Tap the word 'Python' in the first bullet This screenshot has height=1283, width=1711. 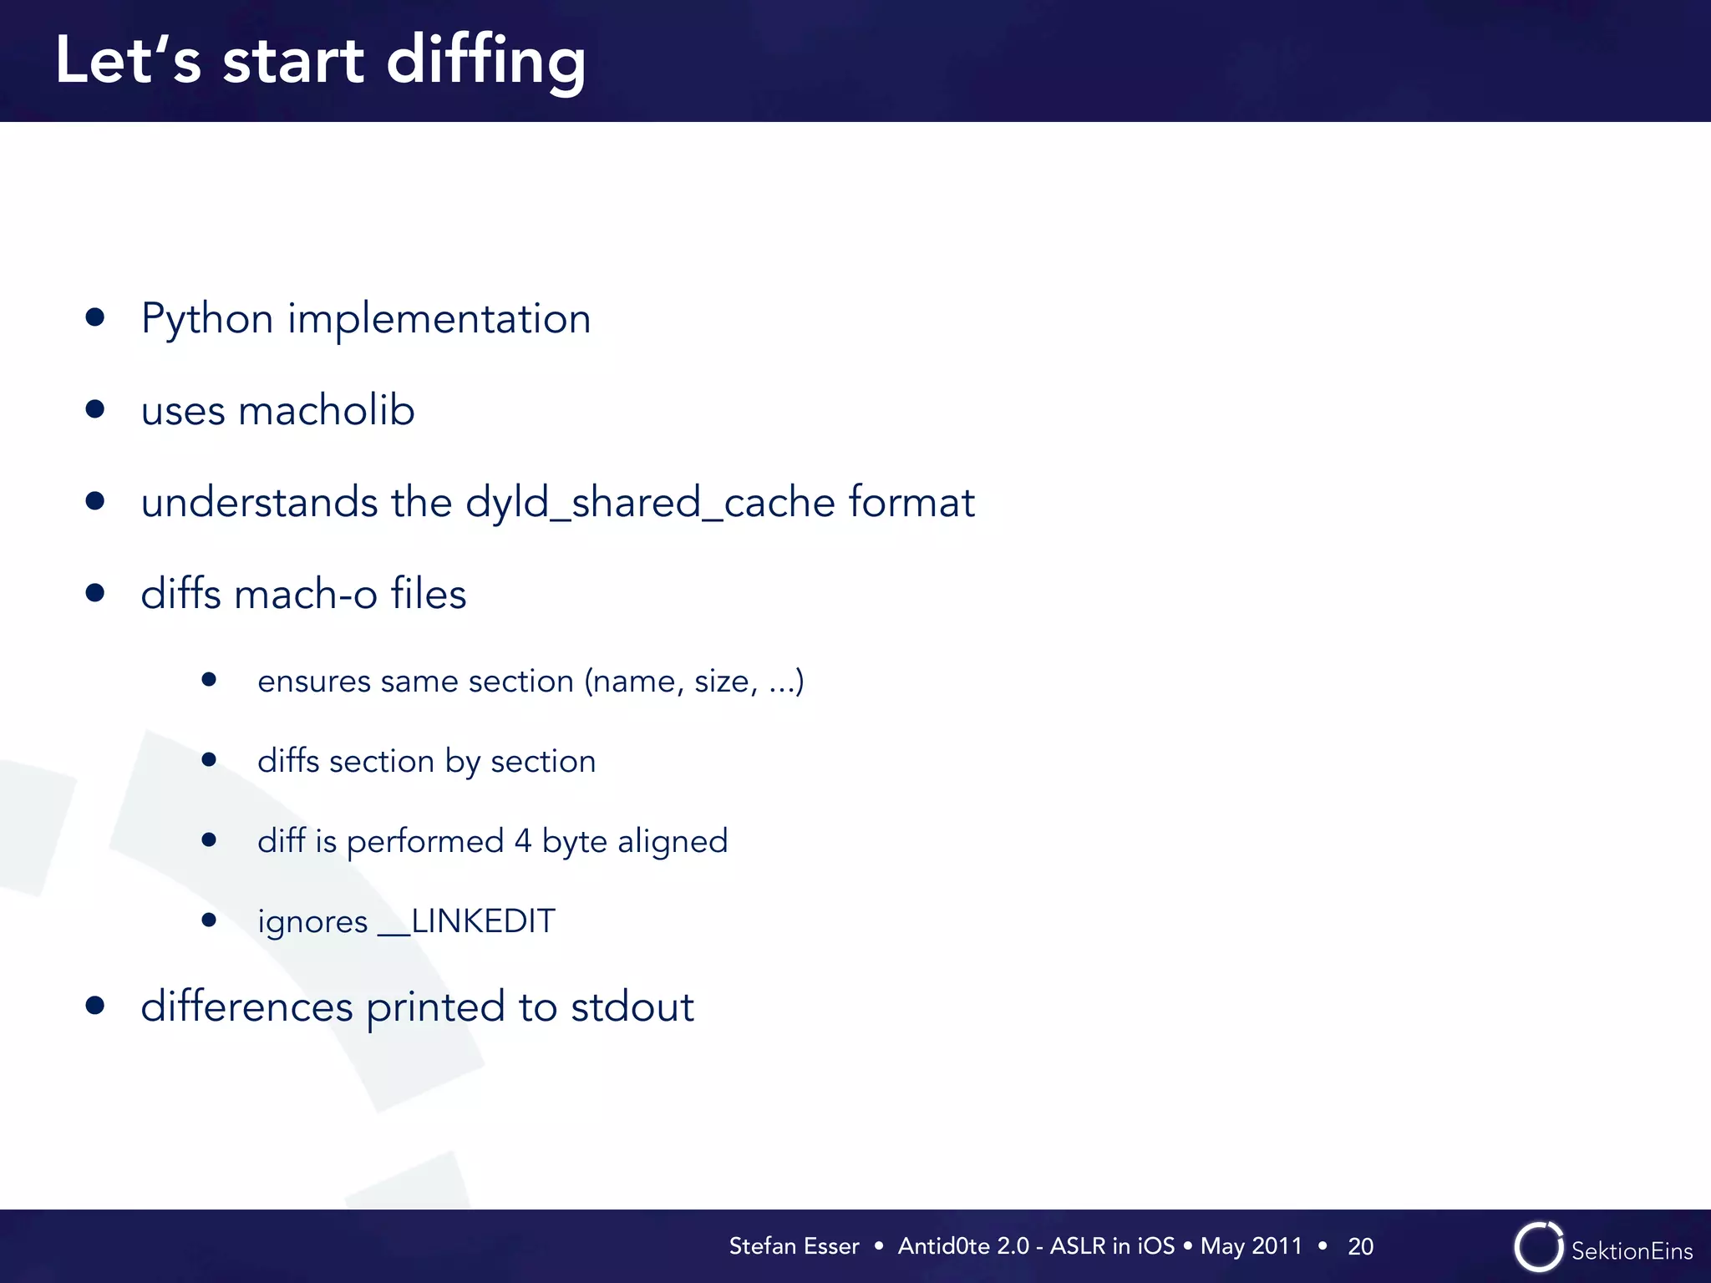[207, 319]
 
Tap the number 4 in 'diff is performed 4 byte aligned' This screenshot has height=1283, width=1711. [523, 840]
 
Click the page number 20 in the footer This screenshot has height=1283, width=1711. [1360, 1246]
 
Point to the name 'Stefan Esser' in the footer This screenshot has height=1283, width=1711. [794, 1246]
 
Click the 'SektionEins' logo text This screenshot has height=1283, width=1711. [1632, 1250]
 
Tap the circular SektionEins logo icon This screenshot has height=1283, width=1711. [1538, 1247]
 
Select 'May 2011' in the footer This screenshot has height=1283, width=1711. [1251, 1246]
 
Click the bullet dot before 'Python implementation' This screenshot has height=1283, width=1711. [95, 317]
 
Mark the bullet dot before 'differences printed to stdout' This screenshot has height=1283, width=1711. [95, 1005]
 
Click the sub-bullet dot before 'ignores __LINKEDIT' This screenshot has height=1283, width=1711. [209, 920]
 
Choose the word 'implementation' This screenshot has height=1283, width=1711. [439, 319]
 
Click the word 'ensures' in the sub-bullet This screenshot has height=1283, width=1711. [313, 682]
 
